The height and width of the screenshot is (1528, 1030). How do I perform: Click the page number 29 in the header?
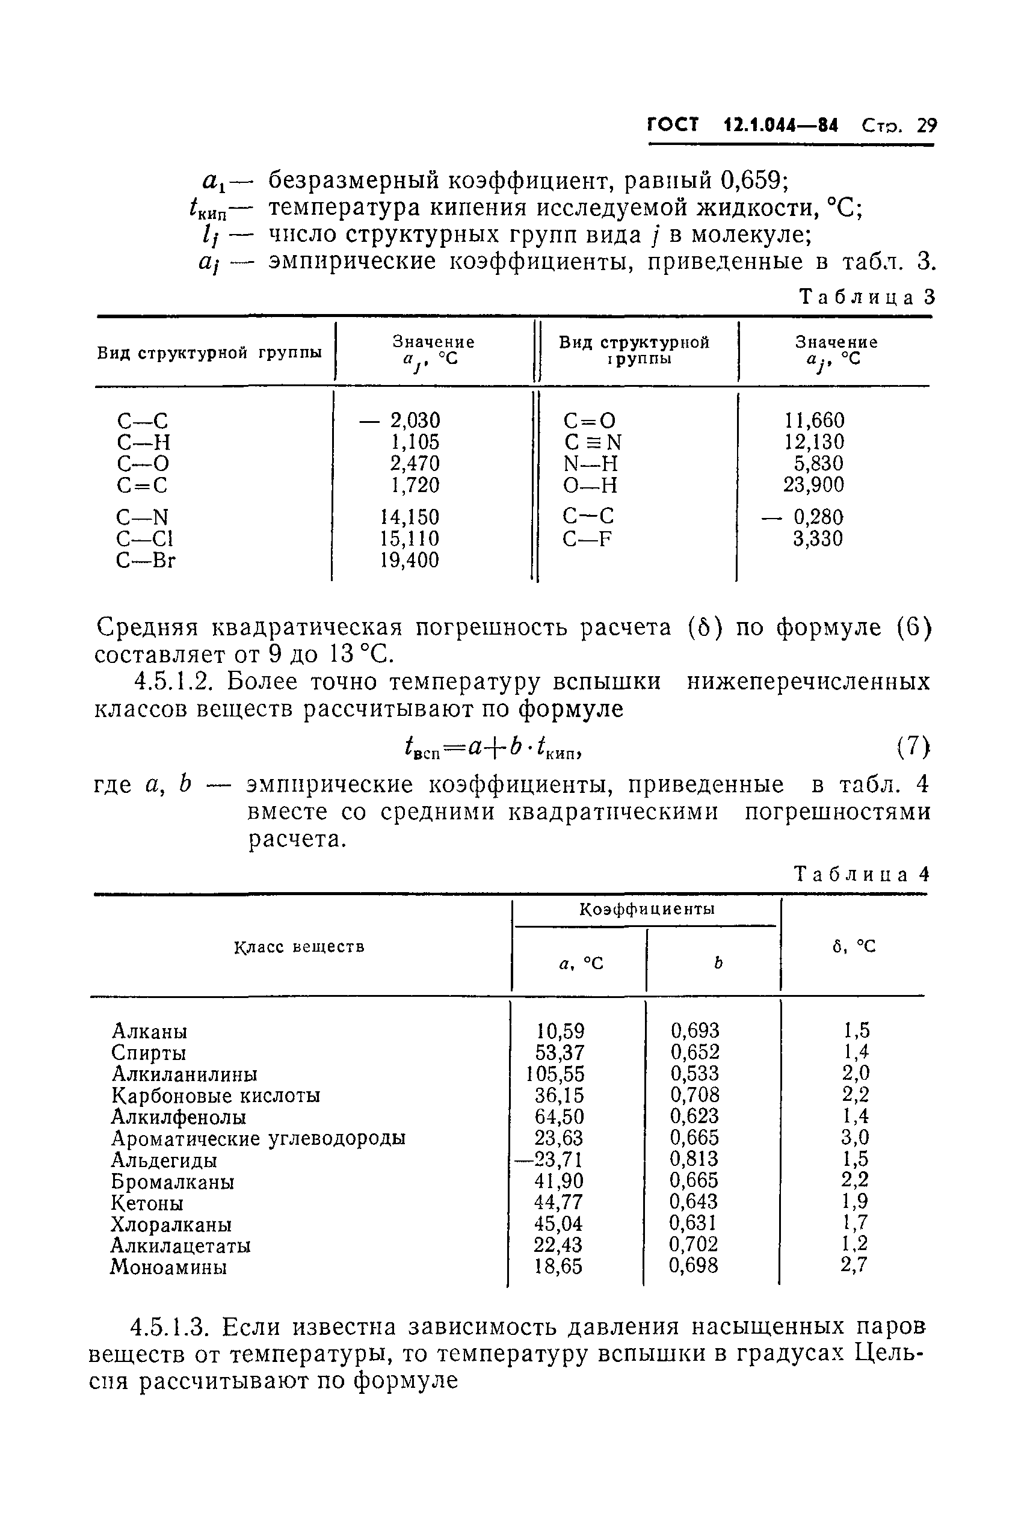pos(926,125)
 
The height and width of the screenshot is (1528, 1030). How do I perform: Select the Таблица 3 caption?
pos(866,297)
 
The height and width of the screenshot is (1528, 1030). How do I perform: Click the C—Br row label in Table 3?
pos(146,560)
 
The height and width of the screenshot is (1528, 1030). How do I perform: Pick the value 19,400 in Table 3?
pos(409,560)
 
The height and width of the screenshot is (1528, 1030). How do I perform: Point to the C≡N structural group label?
pos(592,442)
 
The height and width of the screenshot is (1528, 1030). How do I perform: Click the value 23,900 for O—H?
pos(813,485)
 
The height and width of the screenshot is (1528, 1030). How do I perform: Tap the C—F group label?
pos(587,538)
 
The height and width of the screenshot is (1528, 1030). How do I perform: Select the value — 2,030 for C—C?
pos(400,421)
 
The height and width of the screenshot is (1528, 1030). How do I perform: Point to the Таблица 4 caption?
pos(862,874)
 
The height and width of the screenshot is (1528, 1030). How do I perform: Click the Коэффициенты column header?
pos(647,909)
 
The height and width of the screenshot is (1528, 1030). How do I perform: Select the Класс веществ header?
pos(299,947)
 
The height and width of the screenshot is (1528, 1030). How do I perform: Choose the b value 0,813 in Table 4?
pos(694,1159)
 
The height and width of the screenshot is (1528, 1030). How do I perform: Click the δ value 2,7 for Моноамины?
pos(854,1265)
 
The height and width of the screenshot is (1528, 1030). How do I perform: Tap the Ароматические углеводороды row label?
pos(257,1138)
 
